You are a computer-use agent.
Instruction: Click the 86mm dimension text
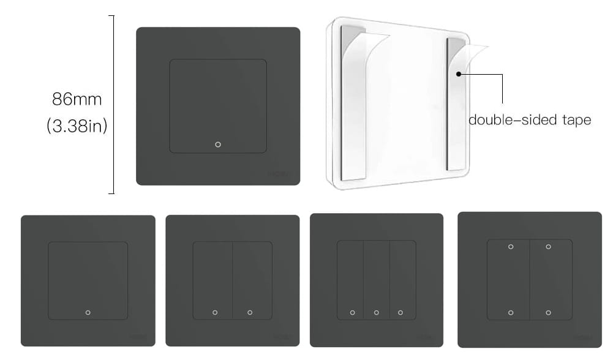pos(77,99)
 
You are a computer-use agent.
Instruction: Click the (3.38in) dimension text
pos(77,127)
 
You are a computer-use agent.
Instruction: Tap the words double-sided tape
pos(530,120)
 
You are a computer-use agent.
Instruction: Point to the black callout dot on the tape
pos(459,74)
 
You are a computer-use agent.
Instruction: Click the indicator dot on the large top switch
pos(218,144)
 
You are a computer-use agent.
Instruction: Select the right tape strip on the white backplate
pos(456,104)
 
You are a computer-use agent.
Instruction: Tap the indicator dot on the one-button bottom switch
pos(88,312)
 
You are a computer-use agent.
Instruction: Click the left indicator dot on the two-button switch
pos(215,312)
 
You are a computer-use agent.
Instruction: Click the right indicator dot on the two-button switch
pos(250,312)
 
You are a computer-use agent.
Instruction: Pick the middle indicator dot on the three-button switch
pos(377,312)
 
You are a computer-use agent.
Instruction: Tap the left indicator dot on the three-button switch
pos(352,312)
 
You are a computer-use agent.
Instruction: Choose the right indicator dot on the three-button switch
pos(401,312)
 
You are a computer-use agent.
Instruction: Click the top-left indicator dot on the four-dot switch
pos(511,247)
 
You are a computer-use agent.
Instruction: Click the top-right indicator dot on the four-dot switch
pos(548,247)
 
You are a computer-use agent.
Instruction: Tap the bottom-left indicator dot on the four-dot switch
pos(511,312)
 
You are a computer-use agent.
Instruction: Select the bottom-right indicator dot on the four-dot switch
pos(548,312)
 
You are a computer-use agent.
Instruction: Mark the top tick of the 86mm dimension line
pos(111,15)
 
